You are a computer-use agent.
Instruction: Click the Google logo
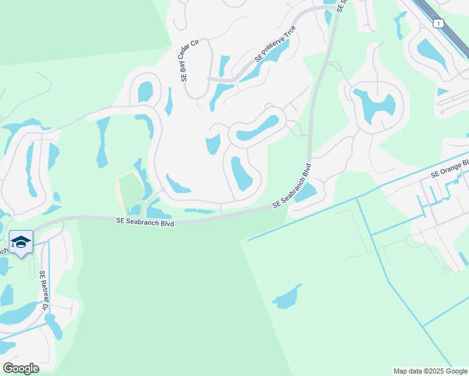tap(20, 368)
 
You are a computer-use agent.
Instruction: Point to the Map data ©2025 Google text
tap(430, 371)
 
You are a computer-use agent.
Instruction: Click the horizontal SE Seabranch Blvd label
tap(145, 222)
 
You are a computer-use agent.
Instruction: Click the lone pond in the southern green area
tap(287, 297)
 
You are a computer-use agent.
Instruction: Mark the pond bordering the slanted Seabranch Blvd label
tap(305, 192)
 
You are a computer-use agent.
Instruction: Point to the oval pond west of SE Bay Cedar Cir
tap(145, 91)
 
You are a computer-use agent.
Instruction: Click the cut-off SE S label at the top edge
tap(342, 6)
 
